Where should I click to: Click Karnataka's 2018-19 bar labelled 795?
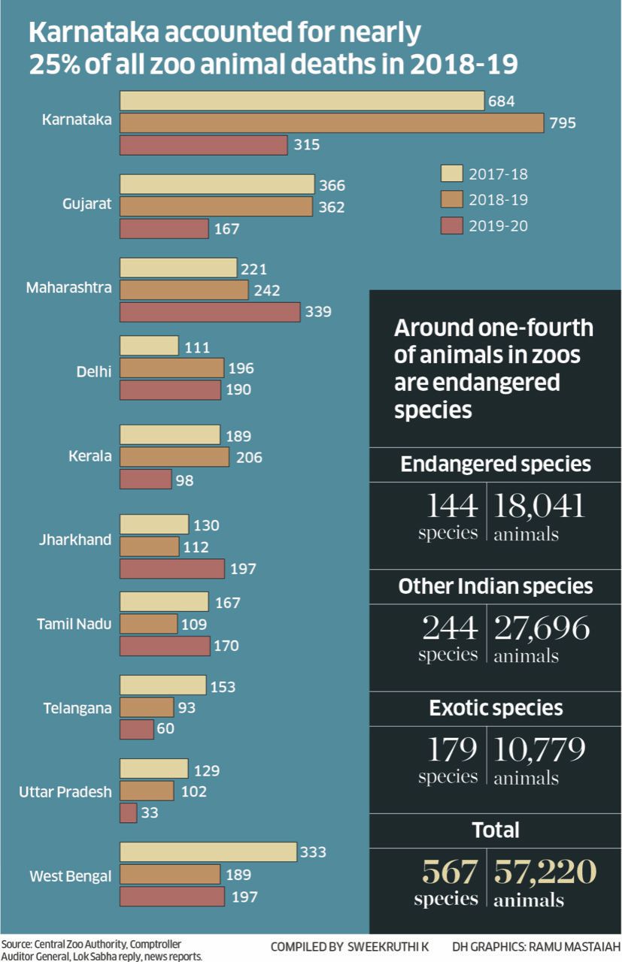[331, 123]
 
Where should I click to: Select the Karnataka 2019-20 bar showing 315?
[203, 145]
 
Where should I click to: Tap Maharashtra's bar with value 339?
[210, 312]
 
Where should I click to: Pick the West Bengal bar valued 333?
[208, 852]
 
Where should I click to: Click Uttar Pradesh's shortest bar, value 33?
[128, 812]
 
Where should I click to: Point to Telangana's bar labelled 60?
[136, 729]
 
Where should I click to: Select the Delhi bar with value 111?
[149, 346]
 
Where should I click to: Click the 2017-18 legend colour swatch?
[451, 174]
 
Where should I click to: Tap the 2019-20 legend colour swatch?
[451, 225]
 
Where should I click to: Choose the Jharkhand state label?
[75, 540]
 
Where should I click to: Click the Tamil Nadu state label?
[74, 624]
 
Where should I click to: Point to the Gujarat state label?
[87, 204]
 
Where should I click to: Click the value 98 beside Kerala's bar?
[185, 480]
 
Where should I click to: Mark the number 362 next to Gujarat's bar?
[331, 207]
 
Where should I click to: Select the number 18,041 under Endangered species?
[539, 507]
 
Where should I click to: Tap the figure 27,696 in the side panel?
[542, 628]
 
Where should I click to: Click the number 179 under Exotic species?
[452, 749]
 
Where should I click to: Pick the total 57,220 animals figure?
[545, 872]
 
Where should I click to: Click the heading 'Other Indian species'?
[496, 586]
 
